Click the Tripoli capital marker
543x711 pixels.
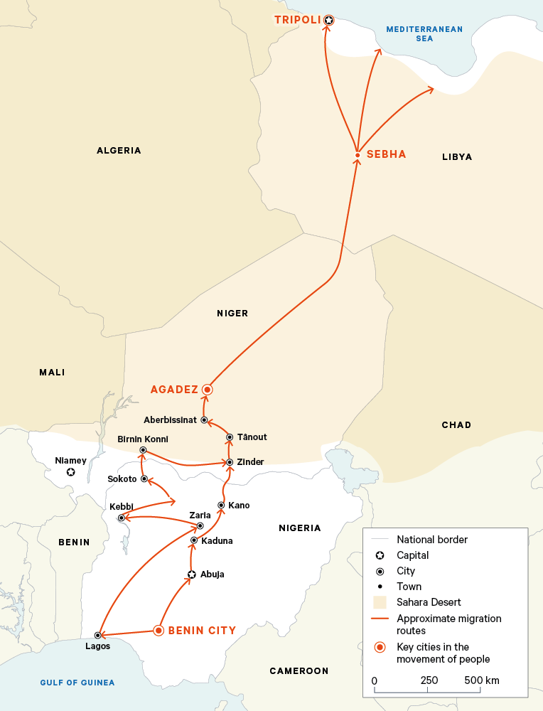[328, 21]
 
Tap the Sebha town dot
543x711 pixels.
[357, 155]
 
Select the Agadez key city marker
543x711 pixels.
[207, 389]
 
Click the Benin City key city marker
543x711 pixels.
[159, 630]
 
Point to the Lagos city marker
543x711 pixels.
[97, 635]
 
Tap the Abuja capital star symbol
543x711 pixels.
[190, 574]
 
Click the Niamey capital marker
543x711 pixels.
[70, 473]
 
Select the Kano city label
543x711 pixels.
[239, 506]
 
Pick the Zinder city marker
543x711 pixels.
[229, 462]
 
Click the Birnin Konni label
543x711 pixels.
[143, 439]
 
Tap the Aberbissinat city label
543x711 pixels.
[170, 420]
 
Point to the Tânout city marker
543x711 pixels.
[230, 437]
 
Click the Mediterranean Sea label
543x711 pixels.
[424, 34]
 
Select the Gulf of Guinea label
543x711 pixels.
[77, 683]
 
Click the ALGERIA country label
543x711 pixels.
[119, 151]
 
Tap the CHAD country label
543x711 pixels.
[456, 425]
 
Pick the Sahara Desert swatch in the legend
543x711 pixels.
[380, 602]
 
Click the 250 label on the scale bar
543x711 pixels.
[429, 680]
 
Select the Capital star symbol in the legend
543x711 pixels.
[380, 555]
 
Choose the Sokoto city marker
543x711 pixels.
[144, 479]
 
